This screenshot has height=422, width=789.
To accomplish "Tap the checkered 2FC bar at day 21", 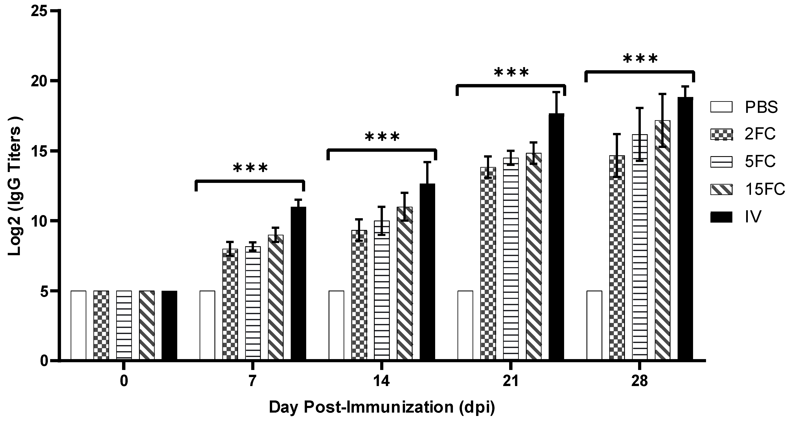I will point(488,263).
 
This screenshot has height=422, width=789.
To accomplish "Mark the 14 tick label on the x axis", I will point(381,382).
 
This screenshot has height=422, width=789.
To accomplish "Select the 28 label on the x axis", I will point(640,382).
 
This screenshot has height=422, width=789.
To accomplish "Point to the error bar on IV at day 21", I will point(556,103).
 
